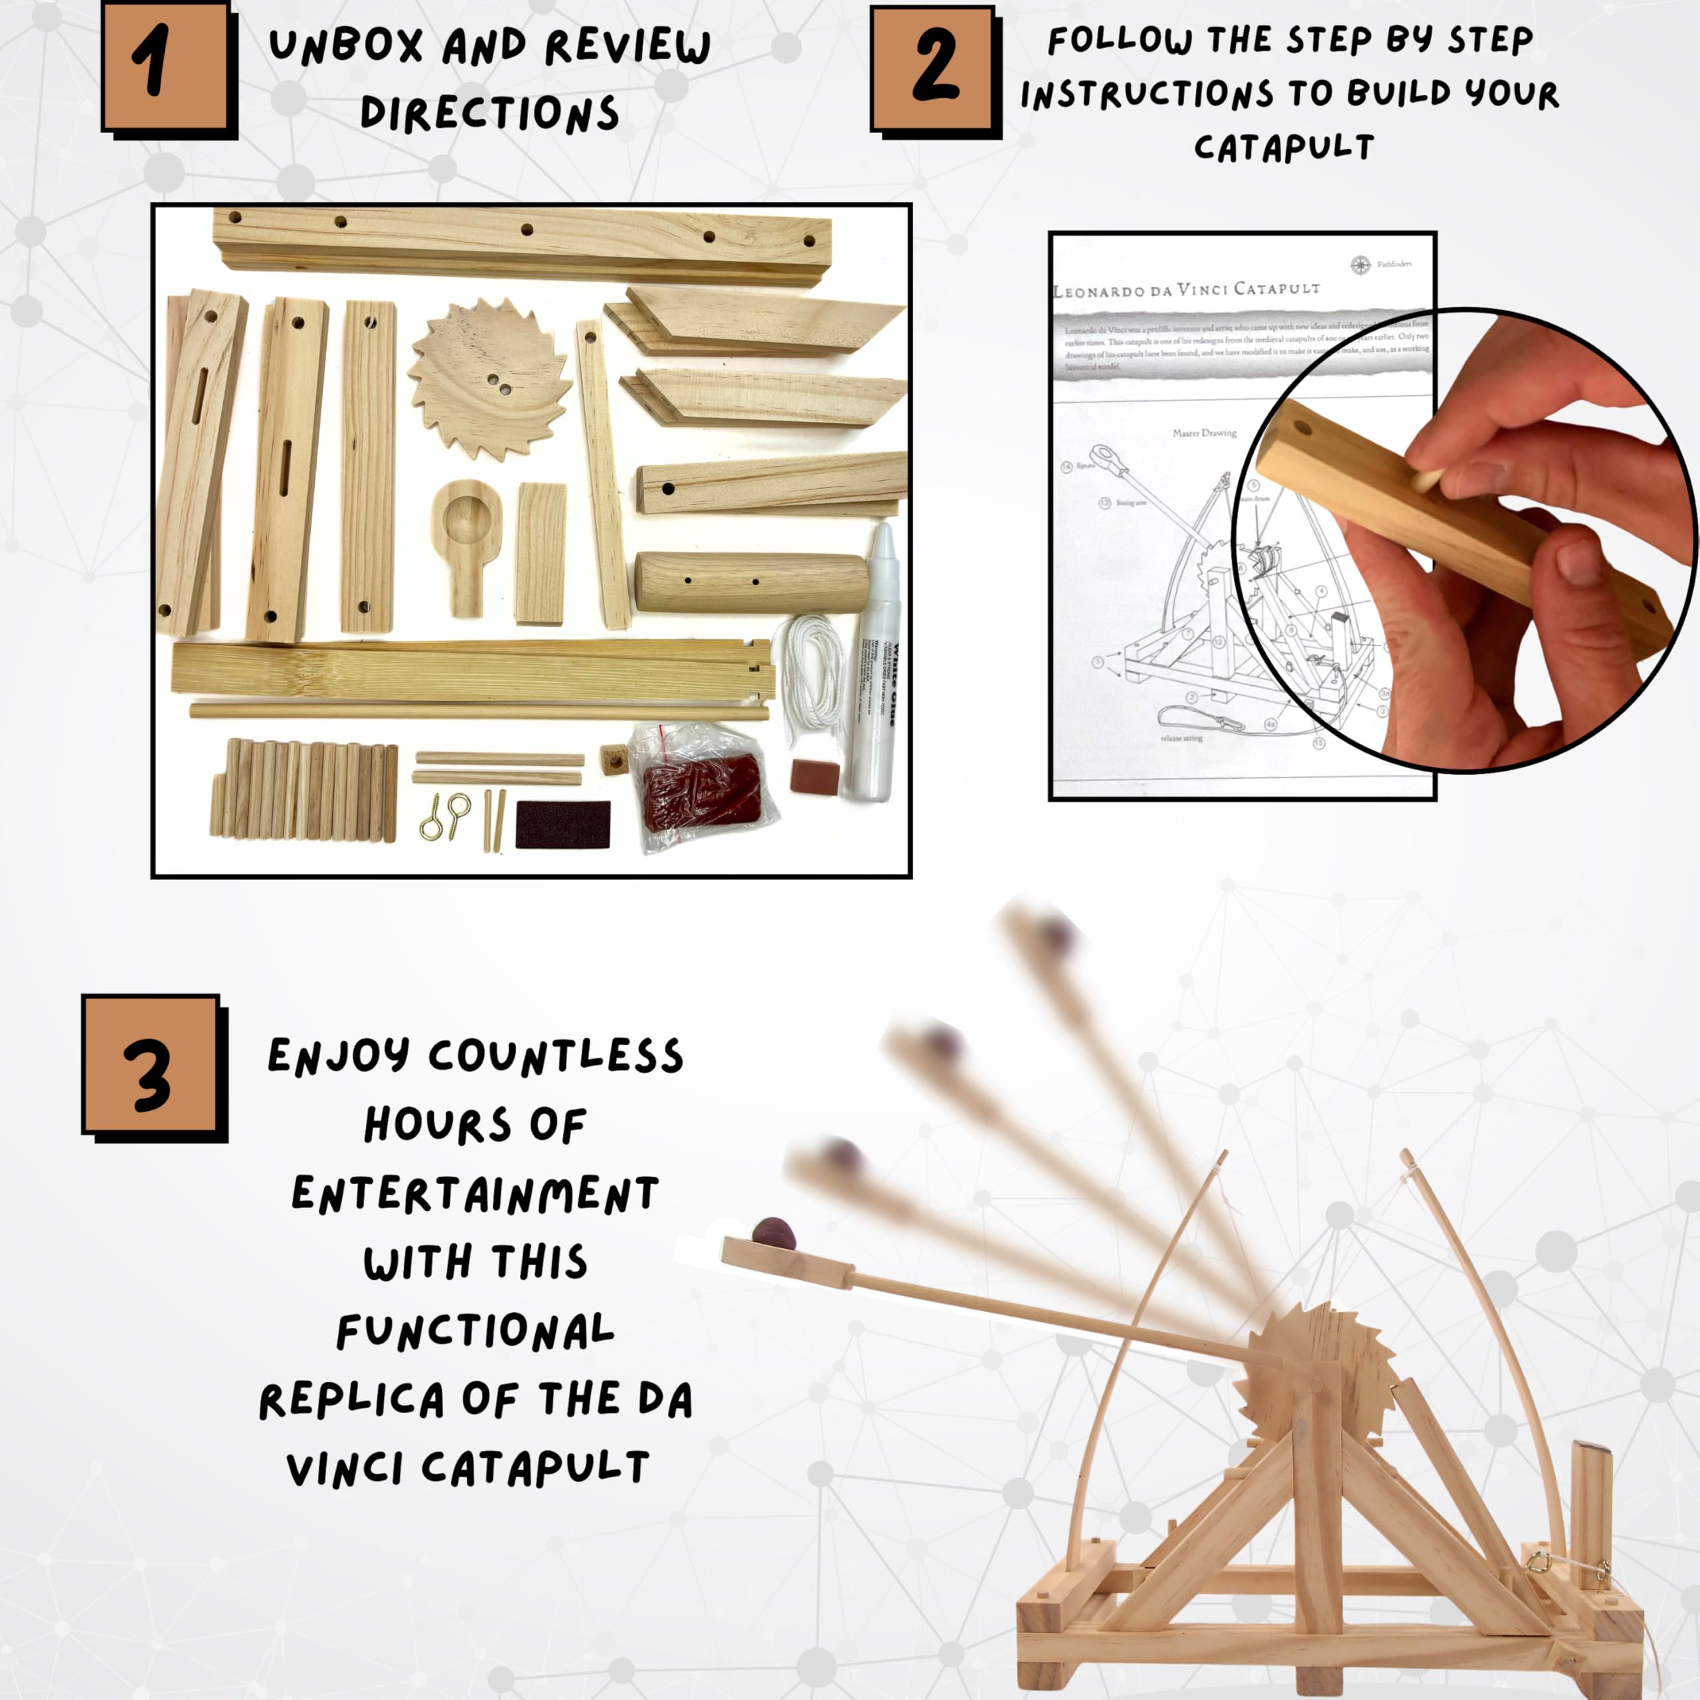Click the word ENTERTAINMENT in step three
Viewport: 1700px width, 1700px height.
(475, 1195)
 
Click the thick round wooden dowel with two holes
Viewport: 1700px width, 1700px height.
(750, 582)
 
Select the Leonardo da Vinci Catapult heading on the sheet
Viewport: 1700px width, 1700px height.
(1186, 290)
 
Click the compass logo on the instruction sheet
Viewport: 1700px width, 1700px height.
(1361, 264)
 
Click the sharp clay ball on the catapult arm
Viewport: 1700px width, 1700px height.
(774, 1234)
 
